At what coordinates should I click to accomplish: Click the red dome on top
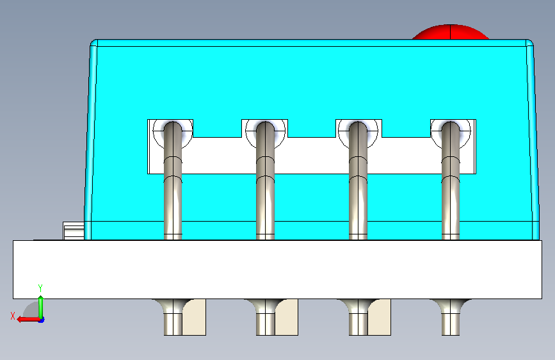pos(450,32)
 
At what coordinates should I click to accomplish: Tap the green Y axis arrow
pos(41,307)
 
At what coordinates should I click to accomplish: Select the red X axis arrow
pos(28,320)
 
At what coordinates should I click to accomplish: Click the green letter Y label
pos(40,288)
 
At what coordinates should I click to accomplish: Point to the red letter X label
pos(13,316)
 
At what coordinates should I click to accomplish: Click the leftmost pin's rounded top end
pos(173,127)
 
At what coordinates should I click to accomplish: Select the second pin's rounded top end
pos(265,127)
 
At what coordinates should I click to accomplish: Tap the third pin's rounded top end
pos(358,127)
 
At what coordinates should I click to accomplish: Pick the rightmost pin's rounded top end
pos(451,127)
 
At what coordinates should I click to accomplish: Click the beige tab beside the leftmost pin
pos(195,317)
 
